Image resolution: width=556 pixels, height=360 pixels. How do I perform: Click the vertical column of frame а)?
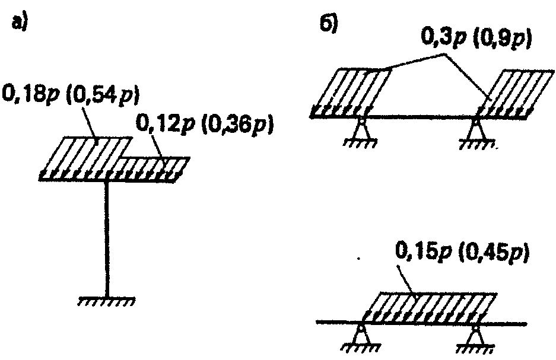point(107,237)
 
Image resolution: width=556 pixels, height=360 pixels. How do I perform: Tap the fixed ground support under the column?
point(107,300)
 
